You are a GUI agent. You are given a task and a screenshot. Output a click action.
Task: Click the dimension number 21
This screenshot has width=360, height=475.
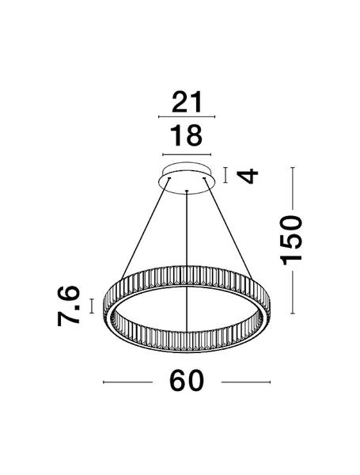click(x=187, y=102)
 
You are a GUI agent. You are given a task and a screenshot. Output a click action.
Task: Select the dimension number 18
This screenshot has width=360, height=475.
click(x=186, y=135)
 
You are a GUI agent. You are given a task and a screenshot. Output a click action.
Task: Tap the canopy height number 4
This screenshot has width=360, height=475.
click(x=248, y=177)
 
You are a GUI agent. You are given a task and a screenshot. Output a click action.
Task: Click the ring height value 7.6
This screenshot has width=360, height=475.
click(x=68, y=306)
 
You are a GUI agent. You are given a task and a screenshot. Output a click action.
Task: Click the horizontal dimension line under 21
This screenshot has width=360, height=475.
click(x=187, y=116)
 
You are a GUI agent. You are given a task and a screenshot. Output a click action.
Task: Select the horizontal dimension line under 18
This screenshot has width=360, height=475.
click(x=187, y=155)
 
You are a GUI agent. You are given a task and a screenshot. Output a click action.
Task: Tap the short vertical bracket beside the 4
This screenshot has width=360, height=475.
click(x=225, y=175)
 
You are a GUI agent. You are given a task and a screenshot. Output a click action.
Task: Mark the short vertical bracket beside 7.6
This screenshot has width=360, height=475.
click(x=92, y=306)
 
